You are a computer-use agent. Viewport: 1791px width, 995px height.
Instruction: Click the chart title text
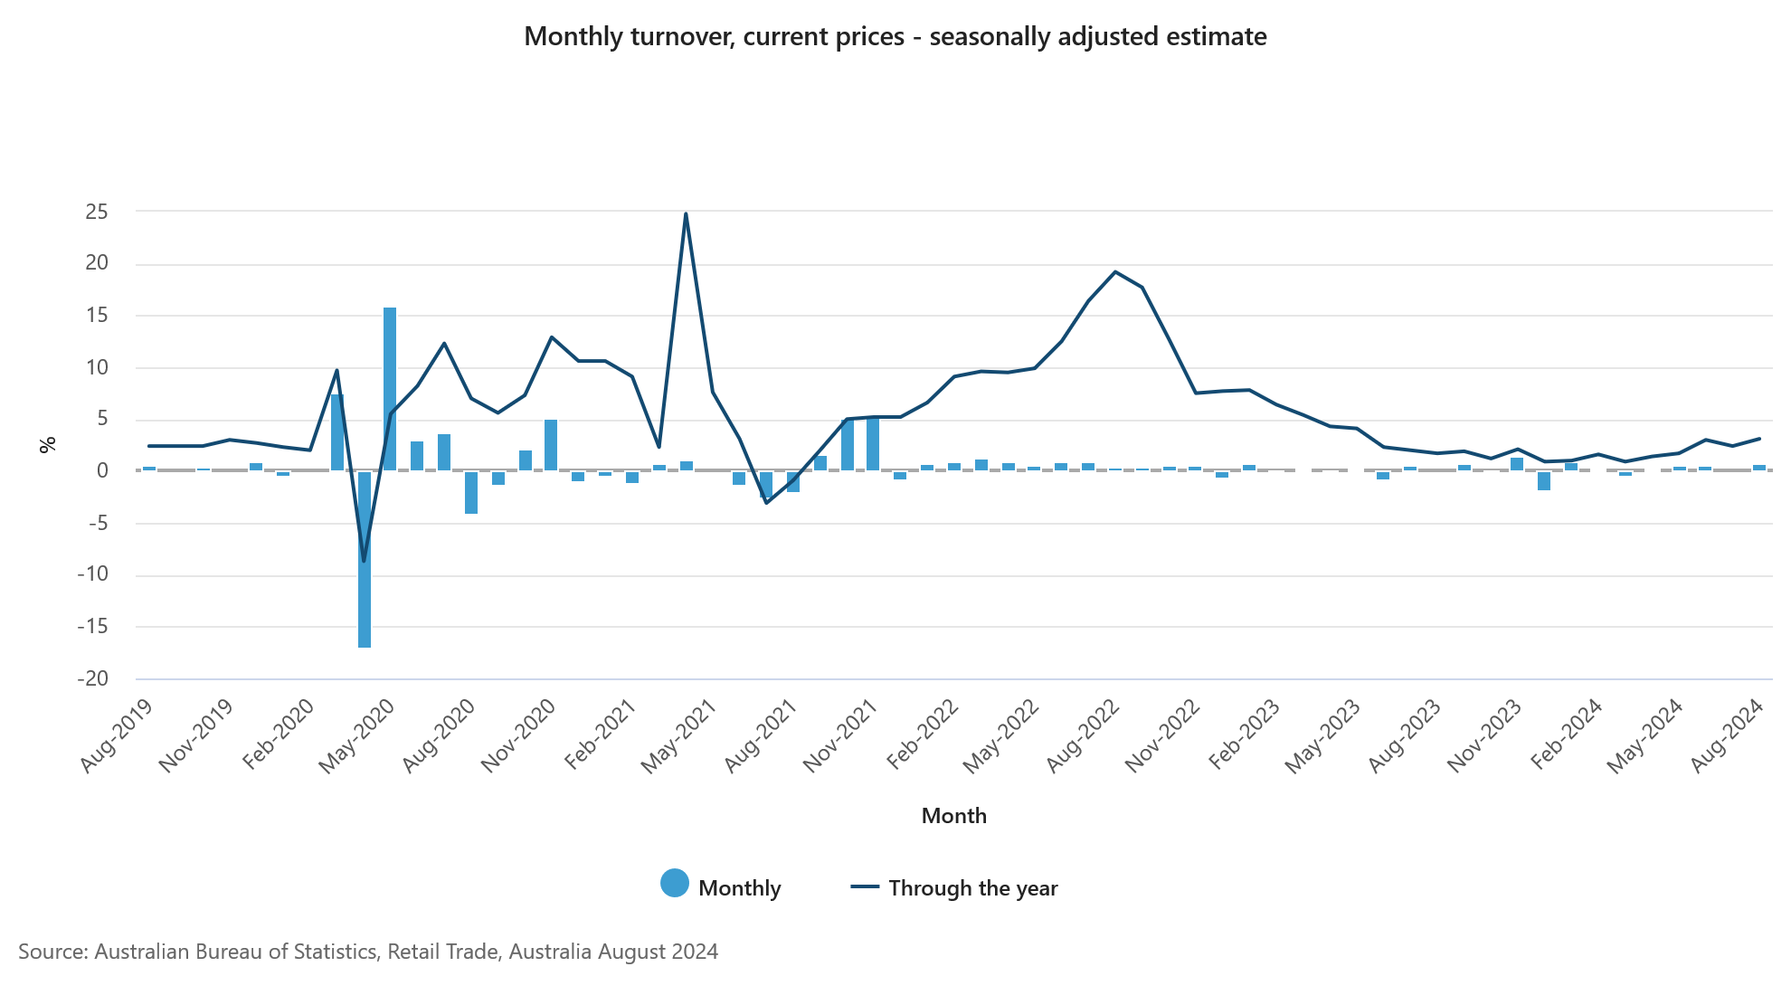895,37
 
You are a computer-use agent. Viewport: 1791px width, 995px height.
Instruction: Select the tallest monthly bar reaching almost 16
390,389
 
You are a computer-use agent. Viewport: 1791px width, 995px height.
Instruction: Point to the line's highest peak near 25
686,214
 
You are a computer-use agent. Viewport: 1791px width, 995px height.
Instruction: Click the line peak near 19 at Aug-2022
1115,271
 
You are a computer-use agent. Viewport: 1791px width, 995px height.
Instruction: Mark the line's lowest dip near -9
365,561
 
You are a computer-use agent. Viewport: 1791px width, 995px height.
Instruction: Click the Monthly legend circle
675,884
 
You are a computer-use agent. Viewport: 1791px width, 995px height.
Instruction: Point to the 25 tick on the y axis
97,212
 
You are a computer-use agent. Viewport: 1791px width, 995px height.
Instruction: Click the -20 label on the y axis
93,678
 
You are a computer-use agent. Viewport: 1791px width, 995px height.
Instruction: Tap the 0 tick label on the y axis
102,470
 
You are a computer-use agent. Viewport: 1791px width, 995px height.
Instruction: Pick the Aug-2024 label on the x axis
1728,735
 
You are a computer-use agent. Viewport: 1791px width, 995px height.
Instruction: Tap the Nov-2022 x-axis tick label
1163,735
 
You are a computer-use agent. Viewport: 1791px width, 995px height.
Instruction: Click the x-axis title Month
953,816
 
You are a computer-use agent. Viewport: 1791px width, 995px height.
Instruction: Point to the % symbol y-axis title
48,444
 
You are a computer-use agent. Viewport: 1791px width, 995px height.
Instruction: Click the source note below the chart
368,952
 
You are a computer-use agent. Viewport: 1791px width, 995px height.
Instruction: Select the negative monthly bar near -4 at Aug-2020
471,493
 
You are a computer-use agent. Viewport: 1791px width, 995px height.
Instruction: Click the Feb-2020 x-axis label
279,735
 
